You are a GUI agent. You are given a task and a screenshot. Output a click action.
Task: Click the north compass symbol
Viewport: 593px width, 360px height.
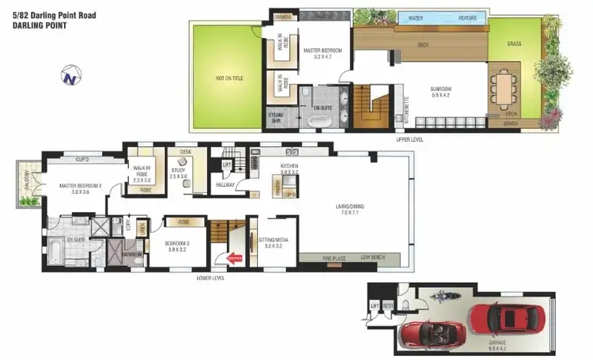click(x=70, y=76)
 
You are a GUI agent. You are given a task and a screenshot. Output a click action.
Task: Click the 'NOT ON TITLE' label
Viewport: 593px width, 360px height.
click(x=228, y=78)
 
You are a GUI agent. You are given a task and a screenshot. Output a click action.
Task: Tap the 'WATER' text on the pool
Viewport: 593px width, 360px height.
click(x=416, y=17)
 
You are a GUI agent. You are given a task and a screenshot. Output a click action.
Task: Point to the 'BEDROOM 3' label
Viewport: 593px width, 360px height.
click(x=178, y=244)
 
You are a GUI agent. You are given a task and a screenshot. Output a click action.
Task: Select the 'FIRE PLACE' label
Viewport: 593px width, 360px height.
click(x=335, y=258)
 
